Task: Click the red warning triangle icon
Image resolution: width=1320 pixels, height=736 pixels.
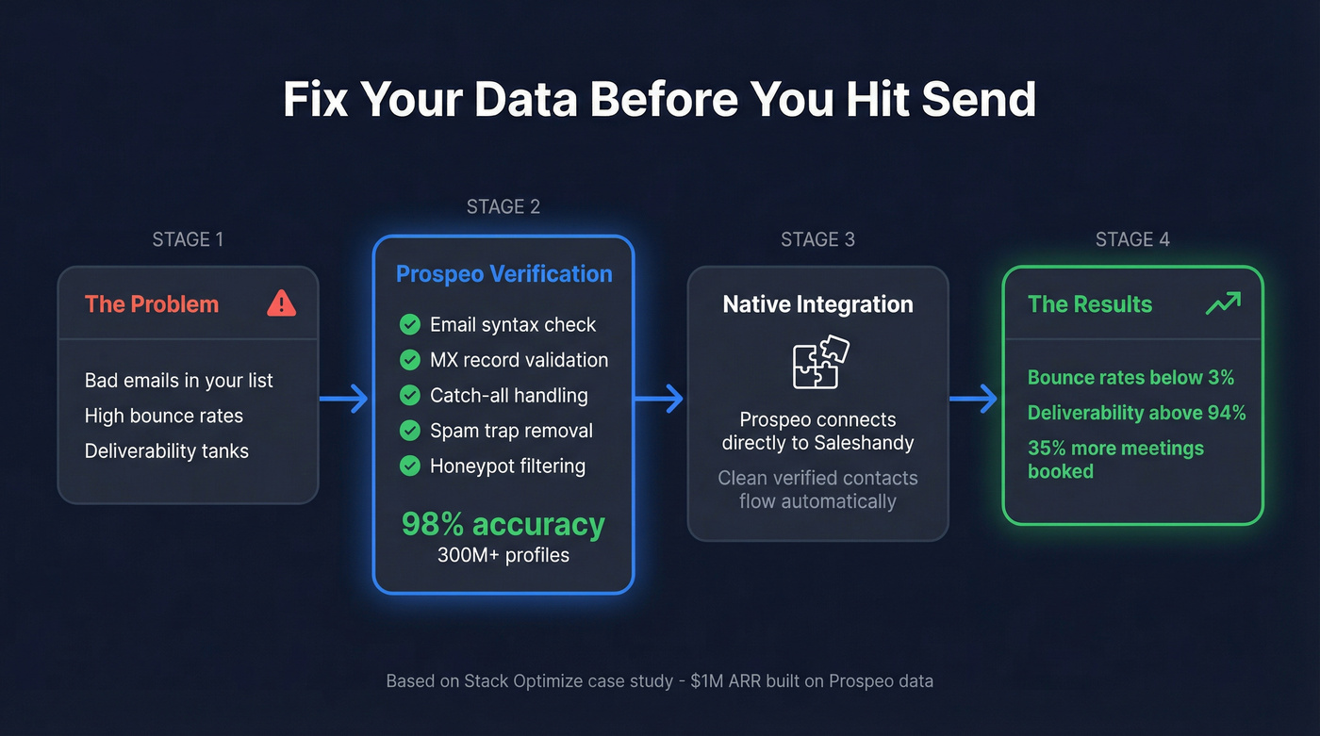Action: tap(281, 303)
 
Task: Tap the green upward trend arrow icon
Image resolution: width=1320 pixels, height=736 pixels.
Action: tap(1223, 303)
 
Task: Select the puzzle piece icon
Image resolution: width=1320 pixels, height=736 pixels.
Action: tap(818, 363)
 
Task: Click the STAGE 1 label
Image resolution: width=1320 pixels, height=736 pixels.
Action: tap(188, 239)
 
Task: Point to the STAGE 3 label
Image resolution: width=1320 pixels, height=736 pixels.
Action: tap(817, 239)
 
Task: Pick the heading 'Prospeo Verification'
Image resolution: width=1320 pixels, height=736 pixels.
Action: tap(503, 274)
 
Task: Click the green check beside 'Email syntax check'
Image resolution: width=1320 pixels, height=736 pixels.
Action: tap(410, 325)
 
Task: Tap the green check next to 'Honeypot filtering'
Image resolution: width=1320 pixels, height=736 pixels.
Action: tap(410, 466)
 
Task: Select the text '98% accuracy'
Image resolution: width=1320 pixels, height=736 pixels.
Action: tap(503, 524)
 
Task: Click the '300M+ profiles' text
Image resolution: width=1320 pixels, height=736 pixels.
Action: tap(503, 555)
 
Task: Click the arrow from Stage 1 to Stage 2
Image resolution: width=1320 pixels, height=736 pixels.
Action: tap(344, 399)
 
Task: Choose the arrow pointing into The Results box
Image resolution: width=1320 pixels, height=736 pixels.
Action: tap(974, 399)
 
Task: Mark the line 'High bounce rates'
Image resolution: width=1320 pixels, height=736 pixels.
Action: tap(164, 416)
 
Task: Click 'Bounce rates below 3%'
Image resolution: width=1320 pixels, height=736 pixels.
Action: tap(1130, 378)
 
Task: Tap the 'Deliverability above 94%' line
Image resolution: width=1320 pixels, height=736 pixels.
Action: tap(1136, 413)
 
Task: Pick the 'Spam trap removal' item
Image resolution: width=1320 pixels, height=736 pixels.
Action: tap(511, 431)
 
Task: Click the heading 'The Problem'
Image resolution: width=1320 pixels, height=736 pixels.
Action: tap(152, 304)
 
